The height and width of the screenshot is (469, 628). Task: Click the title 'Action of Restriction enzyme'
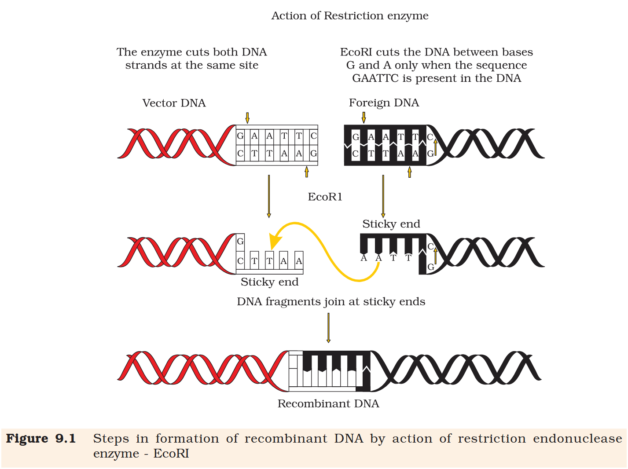tap(349, 16)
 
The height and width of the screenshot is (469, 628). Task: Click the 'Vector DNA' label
tap(174, 103)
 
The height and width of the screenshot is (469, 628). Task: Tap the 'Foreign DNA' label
tap(384, 103)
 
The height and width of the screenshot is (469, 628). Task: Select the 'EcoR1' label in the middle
tap(325, 197)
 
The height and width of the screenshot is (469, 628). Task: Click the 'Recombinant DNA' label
tap(328, 403)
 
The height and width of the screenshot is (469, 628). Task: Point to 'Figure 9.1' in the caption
tap(40, 439)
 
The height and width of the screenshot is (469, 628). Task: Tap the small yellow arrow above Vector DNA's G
tap(247, 118)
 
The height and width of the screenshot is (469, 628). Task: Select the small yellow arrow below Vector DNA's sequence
tap(307, 172)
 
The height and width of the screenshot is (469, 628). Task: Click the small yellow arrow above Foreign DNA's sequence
tap(364, 117)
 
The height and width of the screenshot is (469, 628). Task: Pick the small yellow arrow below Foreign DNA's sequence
tap(410, 172)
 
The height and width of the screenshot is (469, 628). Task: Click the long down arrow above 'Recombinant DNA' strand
tap(328, 327)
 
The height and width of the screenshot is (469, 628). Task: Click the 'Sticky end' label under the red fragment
tap(269, 282)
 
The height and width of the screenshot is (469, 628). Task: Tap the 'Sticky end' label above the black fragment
tap(391, 224)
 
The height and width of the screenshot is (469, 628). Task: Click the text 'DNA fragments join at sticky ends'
tap(331, 302)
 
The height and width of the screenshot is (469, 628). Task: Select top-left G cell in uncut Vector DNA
tap(240, 136)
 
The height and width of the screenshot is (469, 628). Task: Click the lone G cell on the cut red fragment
tap(240, 241)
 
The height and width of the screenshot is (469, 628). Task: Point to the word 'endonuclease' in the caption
tap(577, 439)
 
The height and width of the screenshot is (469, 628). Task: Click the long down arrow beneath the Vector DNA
tap(269, 196)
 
